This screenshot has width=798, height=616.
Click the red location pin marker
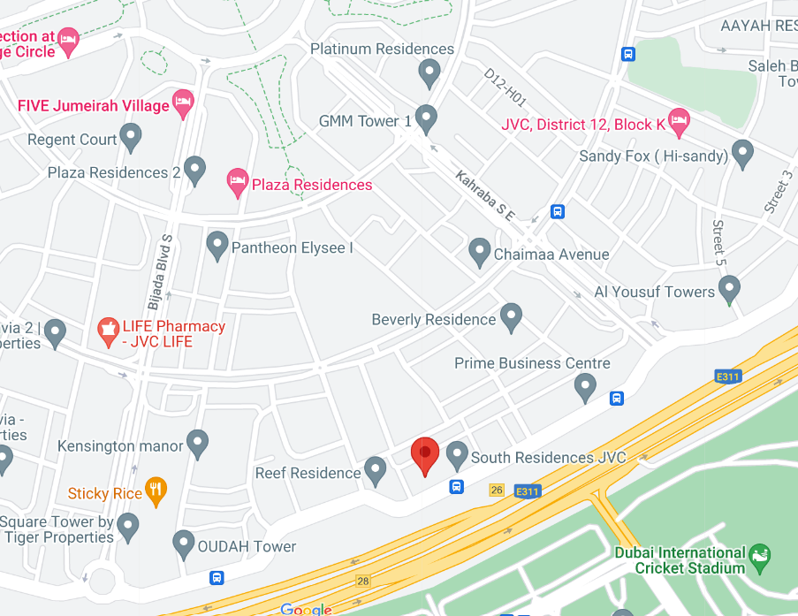point(425,454)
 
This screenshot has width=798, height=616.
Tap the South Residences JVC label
point(548,458)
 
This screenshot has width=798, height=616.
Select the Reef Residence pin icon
point(376,470)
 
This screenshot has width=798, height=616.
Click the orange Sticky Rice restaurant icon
point(156,491)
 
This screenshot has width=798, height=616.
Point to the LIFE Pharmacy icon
point(108,332)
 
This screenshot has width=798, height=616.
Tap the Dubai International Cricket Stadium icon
point(758,557)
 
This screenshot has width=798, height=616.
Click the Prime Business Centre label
point(532,363)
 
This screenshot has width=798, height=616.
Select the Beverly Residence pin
point(511,316)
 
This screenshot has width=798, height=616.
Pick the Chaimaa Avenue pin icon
point(479,252)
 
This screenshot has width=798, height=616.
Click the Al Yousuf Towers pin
point(729,288)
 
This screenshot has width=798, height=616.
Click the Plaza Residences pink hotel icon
point(238,183)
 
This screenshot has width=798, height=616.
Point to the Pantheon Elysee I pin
point(217,245)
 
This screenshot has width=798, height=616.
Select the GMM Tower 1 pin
point(426,118)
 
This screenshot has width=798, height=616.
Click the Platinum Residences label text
point(382,49)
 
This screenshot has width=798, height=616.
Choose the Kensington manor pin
point(197,444)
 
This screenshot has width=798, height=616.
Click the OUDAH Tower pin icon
point(183,544)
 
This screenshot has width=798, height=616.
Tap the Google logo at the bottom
point(306,609)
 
